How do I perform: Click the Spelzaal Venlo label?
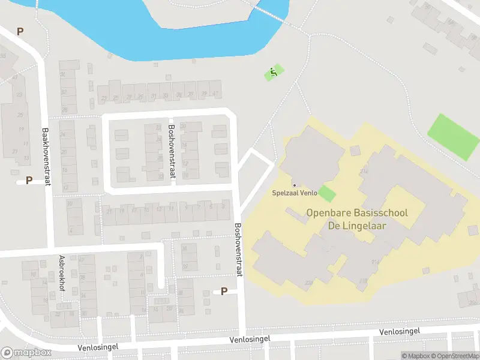[x=294, y=193]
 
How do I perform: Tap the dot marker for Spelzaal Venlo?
[x=294, y=185]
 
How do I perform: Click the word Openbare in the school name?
[x=330, y=213]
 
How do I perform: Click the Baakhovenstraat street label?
[x=46, y=154]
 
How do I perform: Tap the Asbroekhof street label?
[x=62, y=274]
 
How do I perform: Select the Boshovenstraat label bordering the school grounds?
[x=238, y=250]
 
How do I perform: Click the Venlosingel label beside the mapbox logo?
[x=98, y=347]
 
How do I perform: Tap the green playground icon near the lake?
[x=274, y=73]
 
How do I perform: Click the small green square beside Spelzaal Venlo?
[x=326, y=194]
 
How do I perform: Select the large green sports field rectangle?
[x=454, y=137]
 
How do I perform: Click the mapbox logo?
[x=26, y=353]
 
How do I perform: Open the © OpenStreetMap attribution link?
[x=456, y=356]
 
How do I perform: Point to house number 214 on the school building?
[x=364, y=172]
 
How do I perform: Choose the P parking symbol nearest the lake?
[x=20, y=31]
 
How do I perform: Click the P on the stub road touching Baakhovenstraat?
[x=29, y=180]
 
